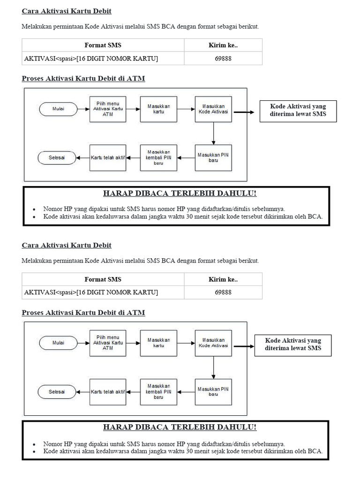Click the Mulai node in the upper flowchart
[59, 109]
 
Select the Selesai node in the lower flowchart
[57, 391]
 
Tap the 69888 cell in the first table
[223, 59]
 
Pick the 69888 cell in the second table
[223, 292]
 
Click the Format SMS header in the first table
[103, 45]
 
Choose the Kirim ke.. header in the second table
[223, 279]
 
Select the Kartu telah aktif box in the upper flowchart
[108, 157]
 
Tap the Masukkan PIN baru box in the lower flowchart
[213, 391]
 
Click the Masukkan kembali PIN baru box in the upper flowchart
[158, 157]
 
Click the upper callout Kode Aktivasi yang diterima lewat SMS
[298, 110]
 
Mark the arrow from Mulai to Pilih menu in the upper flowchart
[83, 109]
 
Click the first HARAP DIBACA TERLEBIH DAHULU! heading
[180, 194]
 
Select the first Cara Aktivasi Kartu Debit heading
[67, 11]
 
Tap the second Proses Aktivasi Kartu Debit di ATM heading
[83, 313]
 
